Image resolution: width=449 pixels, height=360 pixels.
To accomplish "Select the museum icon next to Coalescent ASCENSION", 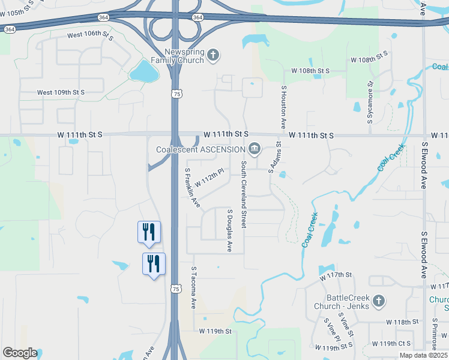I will click(255, 149).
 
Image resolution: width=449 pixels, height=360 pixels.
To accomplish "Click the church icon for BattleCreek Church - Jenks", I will click(378, 301).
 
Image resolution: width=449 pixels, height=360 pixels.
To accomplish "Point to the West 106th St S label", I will click(91, 35).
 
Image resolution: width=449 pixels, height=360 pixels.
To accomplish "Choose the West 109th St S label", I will click(61, 92).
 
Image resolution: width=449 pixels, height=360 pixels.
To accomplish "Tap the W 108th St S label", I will click(310, 71).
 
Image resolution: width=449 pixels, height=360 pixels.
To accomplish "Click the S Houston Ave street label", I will click(283, 107).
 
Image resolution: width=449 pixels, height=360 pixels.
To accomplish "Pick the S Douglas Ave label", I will click(229, 230).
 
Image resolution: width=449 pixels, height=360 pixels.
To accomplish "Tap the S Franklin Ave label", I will click(191, 188).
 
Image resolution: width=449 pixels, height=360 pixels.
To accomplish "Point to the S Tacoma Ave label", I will click(193, 288).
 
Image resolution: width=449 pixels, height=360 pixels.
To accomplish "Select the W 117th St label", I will click(335, 275).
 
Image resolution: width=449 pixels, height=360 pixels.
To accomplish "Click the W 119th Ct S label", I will click(391, 344).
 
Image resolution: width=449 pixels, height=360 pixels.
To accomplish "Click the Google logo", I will click(20, 353).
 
